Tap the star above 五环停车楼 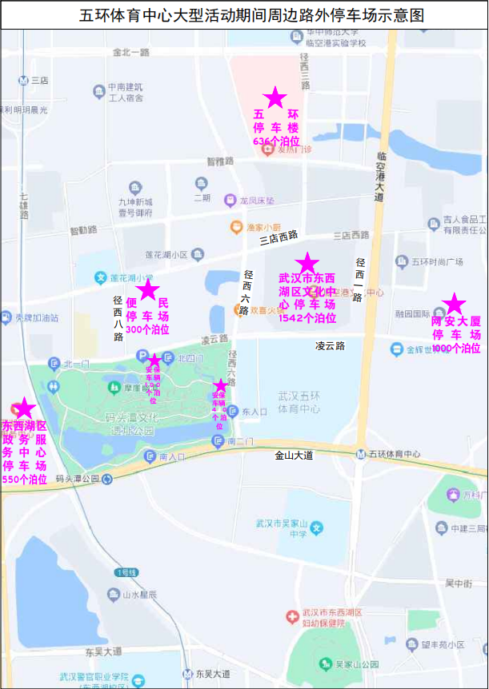pos(275,98)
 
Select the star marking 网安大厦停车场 pos(454,304)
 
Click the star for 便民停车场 pos(148,291)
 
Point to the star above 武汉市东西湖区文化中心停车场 pos(307,263)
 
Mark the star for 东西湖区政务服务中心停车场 pos(26,408)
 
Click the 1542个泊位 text pos(307,318)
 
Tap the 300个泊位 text pos(147,329)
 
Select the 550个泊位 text pos(25,480)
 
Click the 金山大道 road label pos(294,455)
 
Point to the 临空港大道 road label pos(379,175)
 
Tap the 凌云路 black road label pos(330,346)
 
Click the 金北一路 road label pos(131,52)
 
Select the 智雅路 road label pos(219,161)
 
